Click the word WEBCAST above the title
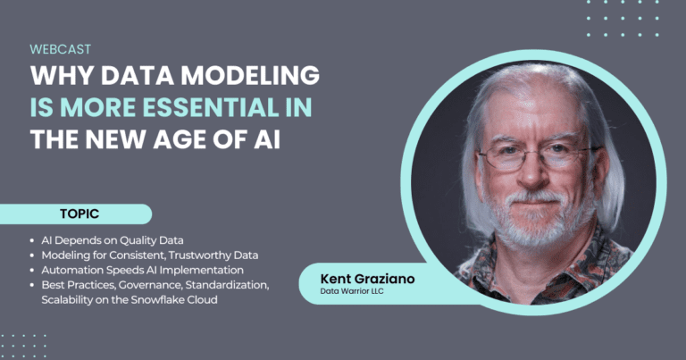tap(61, 49)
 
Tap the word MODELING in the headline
tap(250, 75)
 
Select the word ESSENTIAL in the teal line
tap(211, 107)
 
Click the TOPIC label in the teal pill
tap(79, 213)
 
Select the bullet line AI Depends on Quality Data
tap(113, 240)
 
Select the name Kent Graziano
tap(367, 279)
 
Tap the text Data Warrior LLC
tap(352, 291)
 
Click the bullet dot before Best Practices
tap(32, 285)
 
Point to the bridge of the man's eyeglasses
tap(533, 152)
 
